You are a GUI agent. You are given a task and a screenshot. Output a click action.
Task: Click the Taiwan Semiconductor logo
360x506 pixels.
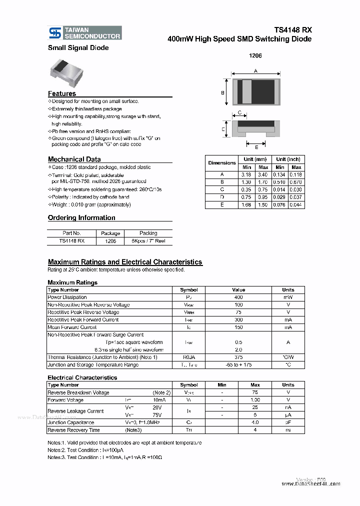point(84,33)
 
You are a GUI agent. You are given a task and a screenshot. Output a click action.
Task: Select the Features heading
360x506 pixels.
point(62,93)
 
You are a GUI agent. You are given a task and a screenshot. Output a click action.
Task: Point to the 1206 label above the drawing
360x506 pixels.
point(255,56)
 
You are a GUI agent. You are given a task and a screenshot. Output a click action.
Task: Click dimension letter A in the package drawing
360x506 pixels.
point(255,71)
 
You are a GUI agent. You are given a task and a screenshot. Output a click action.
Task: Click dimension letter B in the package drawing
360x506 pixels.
point(222,92)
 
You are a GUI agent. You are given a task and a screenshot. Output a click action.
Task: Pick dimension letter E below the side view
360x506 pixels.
point(256,147)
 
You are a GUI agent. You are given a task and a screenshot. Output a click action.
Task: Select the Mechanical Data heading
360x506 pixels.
point(74,159)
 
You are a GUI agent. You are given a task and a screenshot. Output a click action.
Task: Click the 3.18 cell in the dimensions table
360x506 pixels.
point(246,174)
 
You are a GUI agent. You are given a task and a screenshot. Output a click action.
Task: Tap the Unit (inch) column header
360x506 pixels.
point(288,159)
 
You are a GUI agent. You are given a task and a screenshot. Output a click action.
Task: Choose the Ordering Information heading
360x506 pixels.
point(81,217)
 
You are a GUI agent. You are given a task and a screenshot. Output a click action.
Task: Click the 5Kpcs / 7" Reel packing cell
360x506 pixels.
point(148,240)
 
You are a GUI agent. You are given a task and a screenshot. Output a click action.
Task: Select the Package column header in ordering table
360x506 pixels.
point(110,233)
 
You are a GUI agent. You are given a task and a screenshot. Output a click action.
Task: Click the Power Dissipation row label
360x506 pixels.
point(67,297)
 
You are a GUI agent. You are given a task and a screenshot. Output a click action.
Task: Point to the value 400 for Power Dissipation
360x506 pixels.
point(238,297)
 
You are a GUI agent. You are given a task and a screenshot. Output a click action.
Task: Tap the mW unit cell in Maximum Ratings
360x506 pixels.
point(288,297)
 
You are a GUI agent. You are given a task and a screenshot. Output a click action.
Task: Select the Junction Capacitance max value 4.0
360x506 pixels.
point(255,422)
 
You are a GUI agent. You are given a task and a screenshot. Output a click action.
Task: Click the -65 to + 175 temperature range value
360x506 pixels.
point(238,364)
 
